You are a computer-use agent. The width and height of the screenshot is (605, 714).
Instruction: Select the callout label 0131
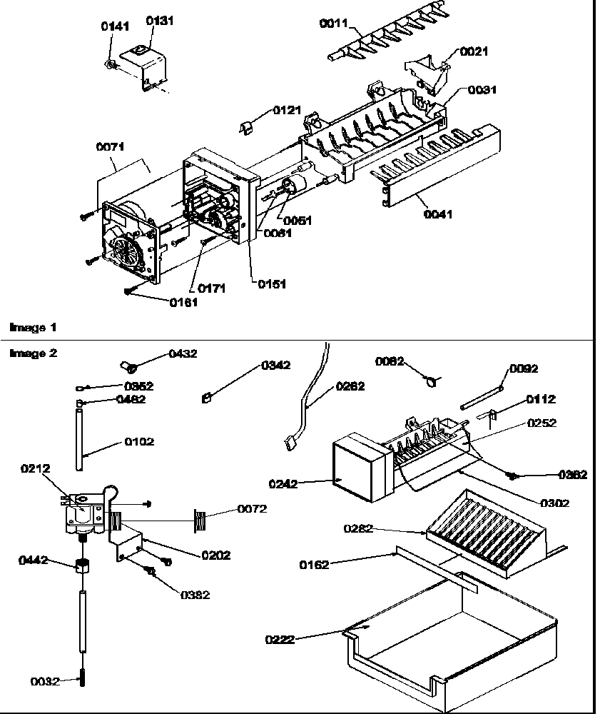(160, 21)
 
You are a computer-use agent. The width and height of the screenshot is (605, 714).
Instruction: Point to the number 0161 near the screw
(184, 302)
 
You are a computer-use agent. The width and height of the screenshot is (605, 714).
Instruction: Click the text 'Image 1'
(32, 327)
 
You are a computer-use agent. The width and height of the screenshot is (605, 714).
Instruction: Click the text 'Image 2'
(32, 353)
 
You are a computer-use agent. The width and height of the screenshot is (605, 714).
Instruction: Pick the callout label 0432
(182, 353)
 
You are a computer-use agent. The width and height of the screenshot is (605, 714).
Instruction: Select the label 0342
(275, 365)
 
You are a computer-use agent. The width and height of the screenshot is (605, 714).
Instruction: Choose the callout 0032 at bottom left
(44, 681)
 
